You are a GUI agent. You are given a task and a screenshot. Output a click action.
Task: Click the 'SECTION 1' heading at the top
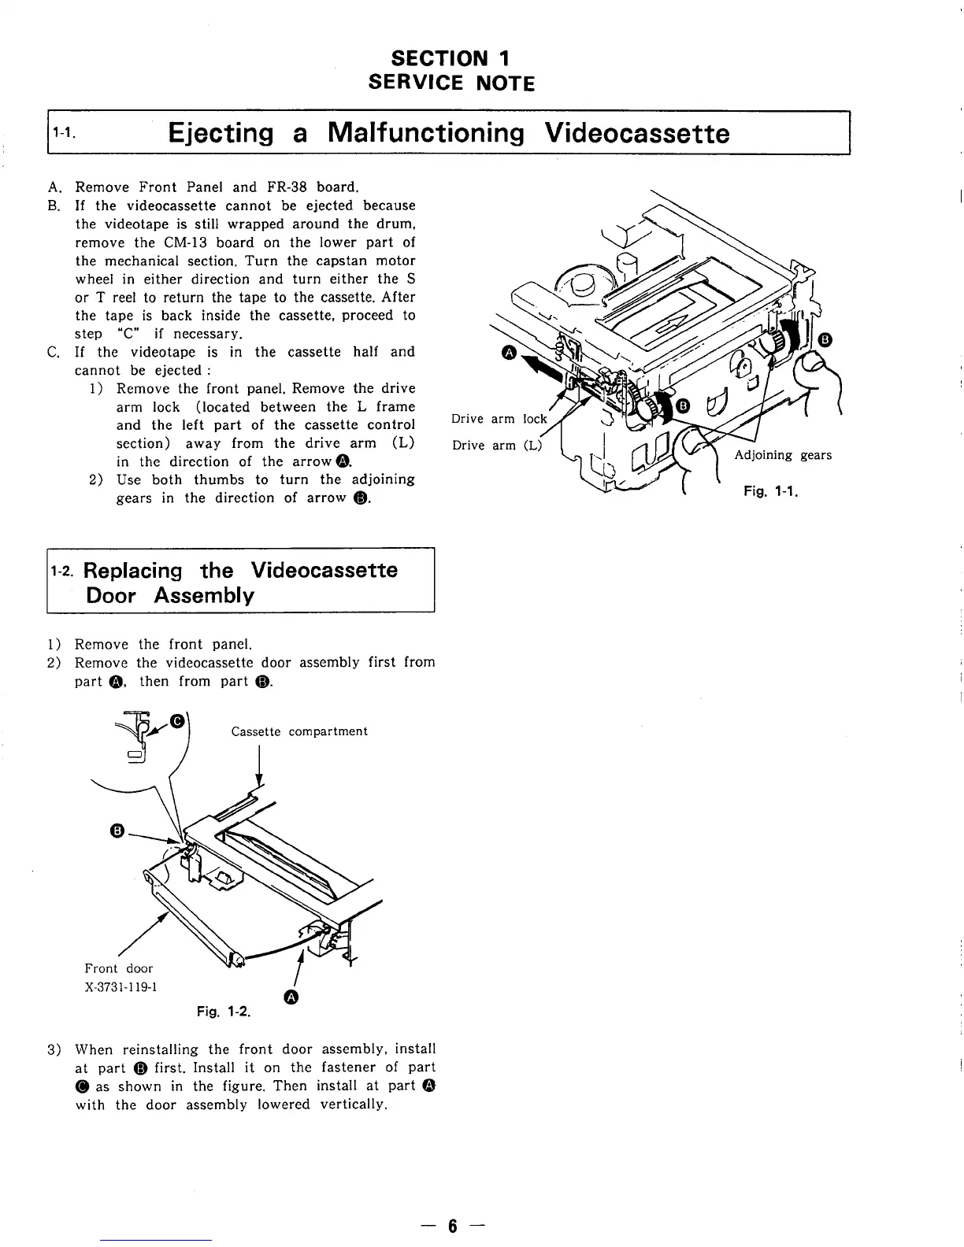point(451,58)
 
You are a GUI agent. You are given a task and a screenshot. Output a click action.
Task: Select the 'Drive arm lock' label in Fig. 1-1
point(499,419)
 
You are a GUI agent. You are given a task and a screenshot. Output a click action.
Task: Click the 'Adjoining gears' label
point(783,455)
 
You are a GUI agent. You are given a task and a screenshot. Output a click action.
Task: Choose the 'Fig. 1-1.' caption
point(771,493)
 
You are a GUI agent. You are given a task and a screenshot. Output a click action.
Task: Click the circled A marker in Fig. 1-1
point(509,354)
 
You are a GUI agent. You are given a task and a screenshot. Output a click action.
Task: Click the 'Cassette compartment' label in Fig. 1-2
point(299,731)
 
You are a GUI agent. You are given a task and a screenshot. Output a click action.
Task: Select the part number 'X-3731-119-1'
point(121,987)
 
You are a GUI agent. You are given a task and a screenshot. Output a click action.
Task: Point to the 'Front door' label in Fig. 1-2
point(119,968)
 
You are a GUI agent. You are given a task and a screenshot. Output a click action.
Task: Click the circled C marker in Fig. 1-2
point(178,720)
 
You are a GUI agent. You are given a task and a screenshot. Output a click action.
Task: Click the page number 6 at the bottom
point(453,1226)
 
